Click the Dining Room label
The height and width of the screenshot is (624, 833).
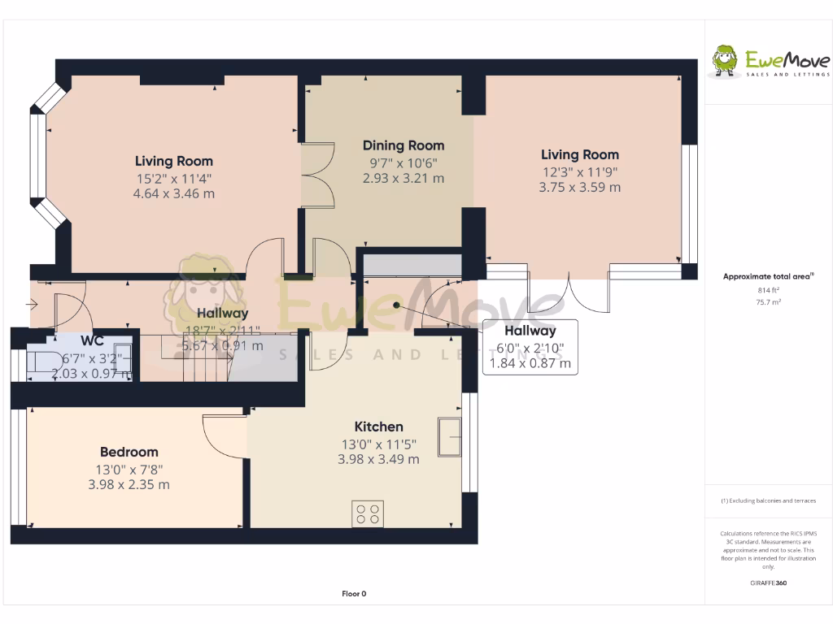pos(403,145)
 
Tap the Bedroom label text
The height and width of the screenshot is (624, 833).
pos(129,452)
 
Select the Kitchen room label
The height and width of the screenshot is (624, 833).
pos(378,427)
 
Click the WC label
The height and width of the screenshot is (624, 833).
pos(92,340)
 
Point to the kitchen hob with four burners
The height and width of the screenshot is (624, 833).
pos(368,513)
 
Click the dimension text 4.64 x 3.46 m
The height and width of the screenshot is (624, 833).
pos(173,193)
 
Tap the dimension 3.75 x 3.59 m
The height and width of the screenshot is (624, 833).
pos(579,187)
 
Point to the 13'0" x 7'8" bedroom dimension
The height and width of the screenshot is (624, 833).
pos(128,469)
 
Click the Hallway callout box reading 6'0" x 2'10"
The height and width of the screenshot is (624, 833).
pos(530,347)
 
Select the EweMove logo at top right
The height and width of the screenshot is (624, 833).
pos(770,62)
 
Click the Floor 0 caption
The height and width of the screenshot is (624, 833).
pos(354,594)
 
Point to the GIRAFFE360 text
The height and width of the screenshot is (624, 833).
pos(768,583)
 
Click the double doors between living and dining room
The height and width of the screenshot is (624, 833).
pos(318,175)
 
